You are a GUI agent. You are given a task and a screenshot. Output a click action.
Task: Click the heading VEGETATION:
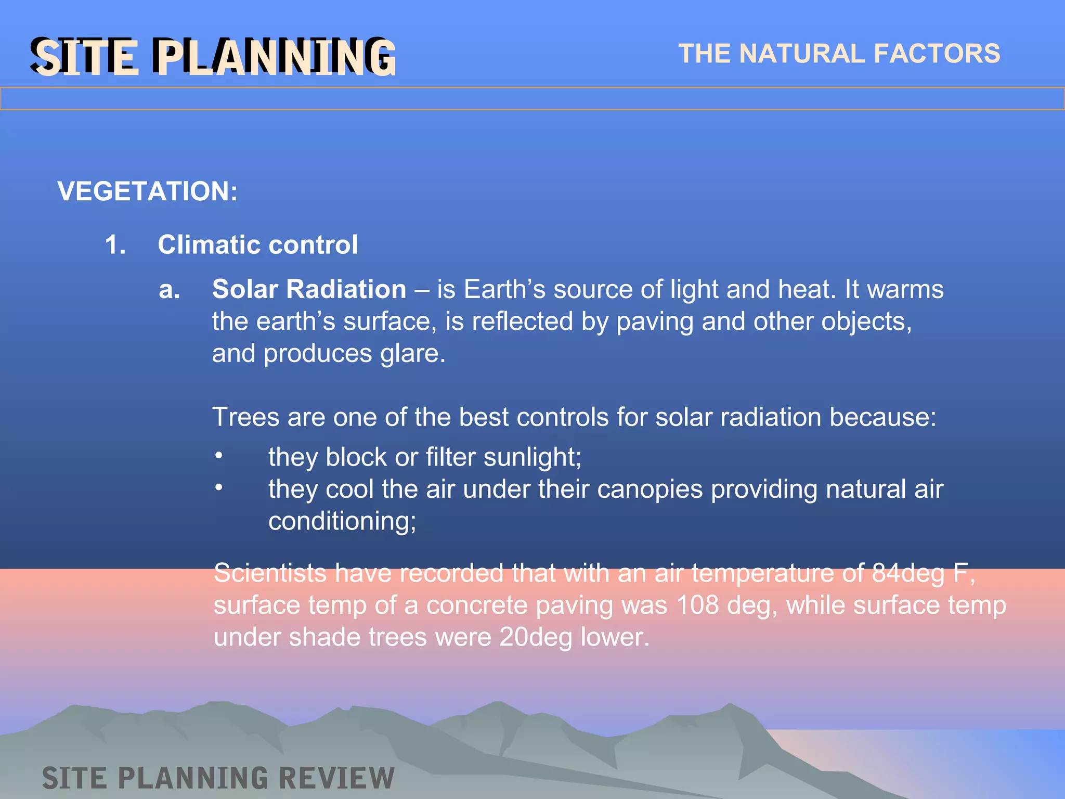pyautogui.click(x=147, y=191)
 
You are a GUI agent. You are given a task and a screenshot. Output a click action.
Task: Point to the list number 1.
pyautogui.click(x=115, y=244)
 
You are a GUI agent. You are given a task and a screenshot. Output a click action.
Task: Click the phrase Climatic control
pyautogui.click(x=257, y=244)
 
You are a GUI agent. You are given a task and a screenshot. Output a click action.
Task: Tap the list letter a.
pyautogui.click(x=169, y=289)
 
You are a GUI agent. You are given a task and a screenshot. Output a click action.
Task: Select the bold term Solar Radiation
pyautogui.click(x=309, y=289)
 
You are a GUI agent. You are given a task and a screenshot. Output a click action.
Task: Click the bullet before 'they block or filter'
pyautogui.click(x=219, y=456)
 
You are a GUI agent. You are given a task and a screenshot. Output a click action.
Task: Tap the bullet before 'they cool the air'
pyautogui.click(x=219, y=487)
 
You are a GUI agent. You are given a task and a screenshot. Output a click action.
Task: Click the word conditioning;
pyautogui.click(x=342, y=521)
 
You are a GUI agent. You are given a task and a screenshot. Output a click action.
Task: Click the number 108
pyautogui.click(x=697, y=605)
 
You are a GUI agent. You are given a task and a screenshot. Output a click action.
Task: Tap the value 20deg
pyautogui.click(x=536, y=637)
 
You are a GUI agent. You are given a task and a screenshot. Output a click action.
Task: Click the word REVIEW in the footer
pyautogui.click(x=336, y=778)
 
